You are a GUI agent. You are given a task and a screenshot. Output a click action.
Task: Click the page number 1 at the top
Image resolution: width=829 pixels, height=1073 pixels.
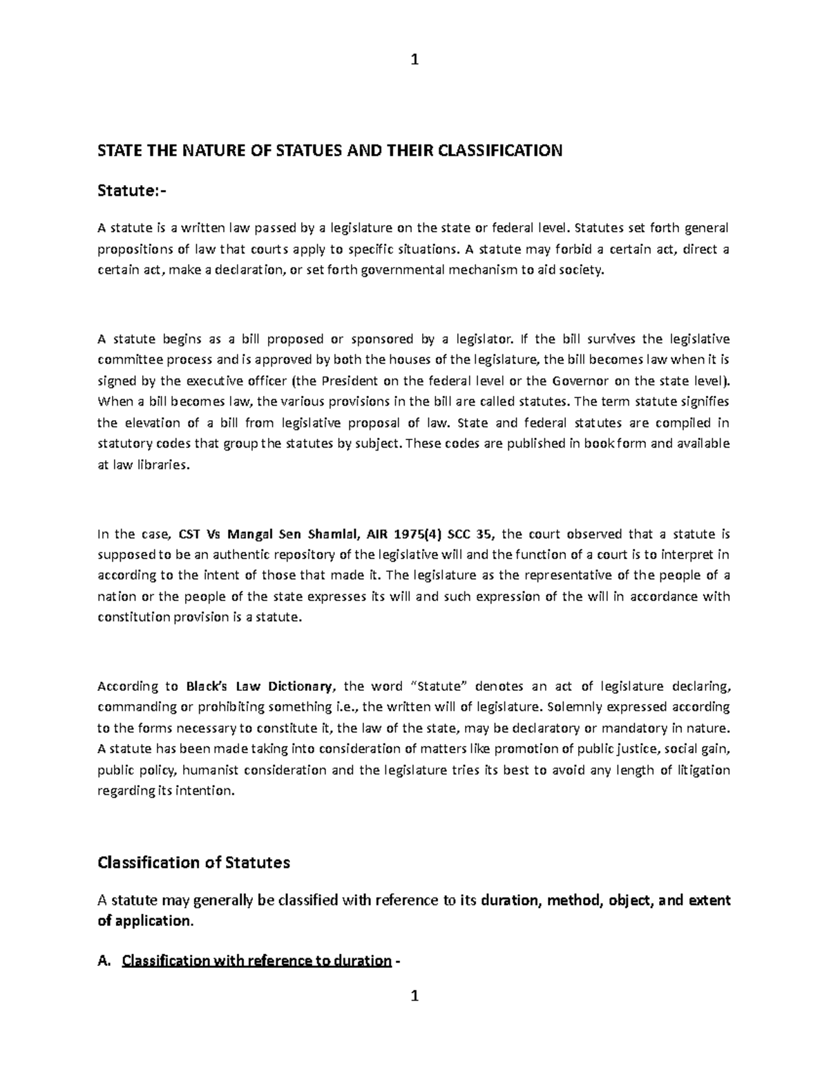click(x=414, y=60)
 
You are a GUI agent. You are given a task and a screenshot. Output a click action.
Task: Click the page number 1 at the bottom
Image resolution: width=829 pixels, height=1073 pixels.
click(x=414, y=996)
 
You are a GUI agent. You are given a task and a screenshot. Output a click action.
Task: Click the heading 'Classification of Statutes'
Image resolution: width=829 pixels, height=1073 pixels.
click(x=194, y=862)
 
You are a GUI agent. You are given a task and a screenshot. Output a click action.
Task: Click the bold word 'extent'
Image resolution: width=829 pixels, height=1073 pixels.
click(x=705, y=900)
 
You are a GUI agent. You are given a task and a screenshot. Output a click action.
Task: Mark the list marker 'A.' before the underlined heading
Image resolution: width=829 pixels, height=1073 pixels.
click(x=105, y=960)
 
